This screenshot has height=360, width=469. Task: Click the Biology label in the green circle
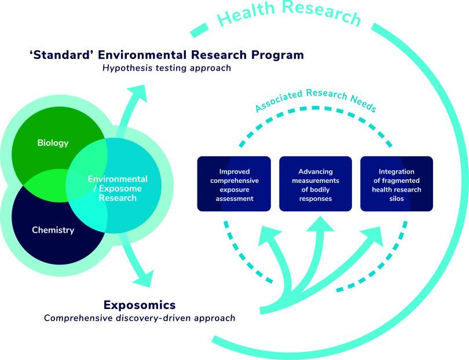pyautogui.click(x=53, y=142)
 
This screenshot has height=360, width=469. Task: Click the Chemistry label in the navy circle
pyautogui.click(x=53, y=230)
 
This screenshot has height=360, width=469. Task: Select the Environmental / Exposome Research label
pyautogui.click(x=117, y=188)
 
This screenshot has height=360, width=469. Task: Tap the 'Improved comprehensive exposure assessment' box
pyautogui.click(x=233, y=184)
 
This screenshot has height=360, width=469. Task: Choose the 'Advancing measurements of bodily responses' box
pyautogui.click(x=315, y=184)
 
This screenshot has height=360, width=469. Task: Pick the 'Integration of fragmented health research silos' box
pyautogui.click(x=397, y=184)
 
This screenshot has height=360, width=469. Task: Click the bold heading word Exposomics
pyautogui.click(x=139, y=304)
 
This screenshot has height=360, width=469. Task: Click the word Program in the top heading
pyautogui.click(x=273, y=55)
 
